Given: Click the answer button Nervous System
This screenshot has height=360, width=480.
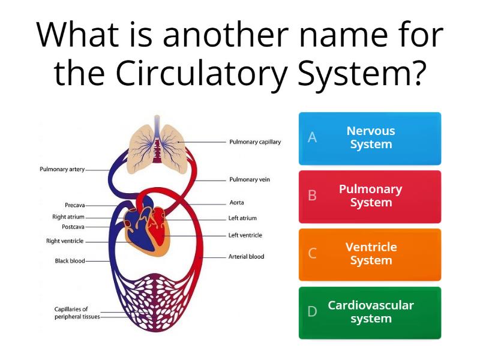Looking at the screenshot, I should point(370,138).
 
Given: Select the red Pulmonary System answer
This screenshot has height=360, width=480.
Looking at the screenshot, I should point(370,196).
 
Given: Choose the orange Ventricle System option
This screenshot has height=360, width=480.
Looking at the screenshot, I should point(370,254).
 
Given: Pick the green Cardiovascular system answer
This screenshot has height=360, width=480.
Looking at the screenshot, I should point(370,313).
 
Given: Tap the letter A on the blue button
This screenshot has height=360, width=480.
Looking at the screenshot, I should point(312,138).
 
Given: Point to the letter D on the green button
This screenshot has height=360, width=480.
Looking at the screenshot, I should point(312,312).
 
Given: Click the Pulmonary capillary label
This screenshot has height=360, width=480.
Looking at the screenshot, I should point(255,142).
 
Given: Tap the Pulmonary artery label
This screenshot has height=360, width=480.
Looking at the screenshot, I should point(62,169).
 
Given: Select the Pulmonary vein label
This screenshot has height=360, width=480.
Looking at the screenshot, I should point(250,179).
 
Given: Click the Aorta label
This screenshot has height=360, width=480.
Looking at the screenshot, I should point(236,203).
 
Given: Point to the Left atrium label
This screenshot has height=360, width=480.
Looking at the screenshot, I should point(242,218).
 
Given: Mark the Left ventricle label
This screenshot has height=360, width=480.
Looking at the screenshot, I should point(245,235).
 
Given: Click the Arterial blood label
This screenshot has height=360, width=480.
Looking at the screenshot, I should point(246,257).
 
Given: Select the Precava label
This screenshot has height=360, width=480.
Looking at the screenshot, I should point(75,205).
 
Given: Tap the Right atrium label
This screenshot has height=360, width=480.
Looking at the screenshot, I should point(68,217).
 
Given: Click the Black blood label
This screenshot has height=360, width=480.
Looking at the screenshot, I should point(70,261).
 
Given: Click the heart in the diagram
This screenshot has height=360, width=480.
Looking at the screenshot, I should point(148,226).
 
